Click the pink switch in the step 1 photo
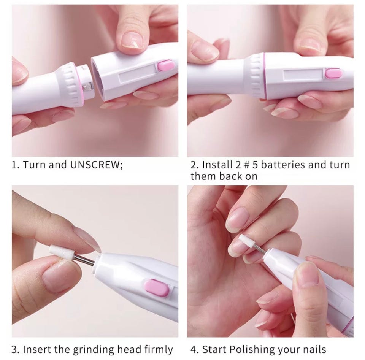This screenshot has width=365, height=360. point(165,65)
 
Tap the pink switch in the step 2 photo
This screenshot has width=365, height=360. point(333,73)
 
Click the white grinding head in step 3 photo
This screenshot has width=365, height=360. point(62,252)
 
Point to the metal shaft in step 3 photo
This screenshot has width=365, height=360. point(86,260)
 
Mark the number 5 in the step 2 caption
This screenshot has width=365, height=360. point(255,165)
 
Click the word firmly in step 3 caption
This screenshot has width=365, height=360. point(159,349)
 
